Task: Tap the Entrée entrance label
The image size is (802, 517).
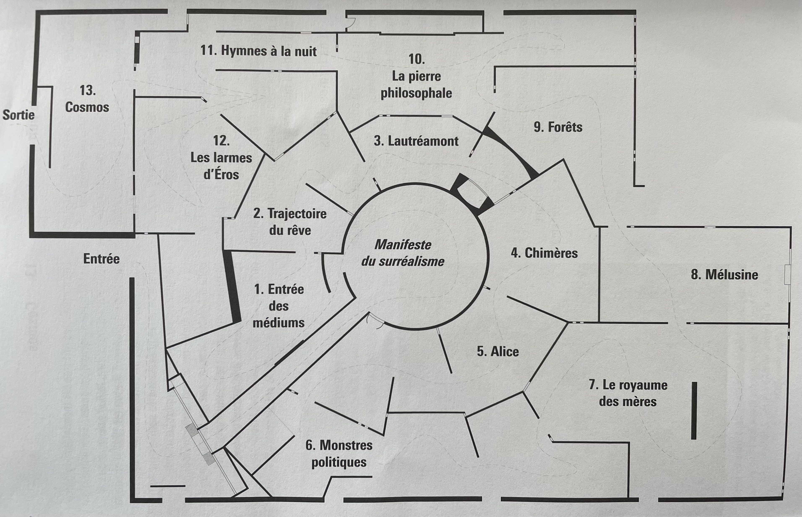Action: (101, 259)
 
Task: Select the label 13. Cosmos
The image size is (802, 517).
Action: (87, 99)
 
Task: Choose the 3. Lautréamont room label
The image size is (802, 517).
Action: (416, 141)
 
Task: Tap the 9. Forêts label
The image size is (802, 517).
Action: (558, 127)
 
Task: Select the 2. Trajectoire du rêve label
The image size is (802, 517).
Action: (290, 222)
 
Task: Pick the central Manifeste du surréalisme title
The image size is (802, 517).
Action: (403, 253)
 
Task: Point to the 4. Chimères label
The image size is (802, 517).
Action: (544, 253)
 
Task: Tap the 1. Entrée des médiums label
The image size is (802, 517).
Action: (279, 306)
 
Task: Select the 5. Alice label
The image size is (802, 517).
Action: (498, 352)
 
